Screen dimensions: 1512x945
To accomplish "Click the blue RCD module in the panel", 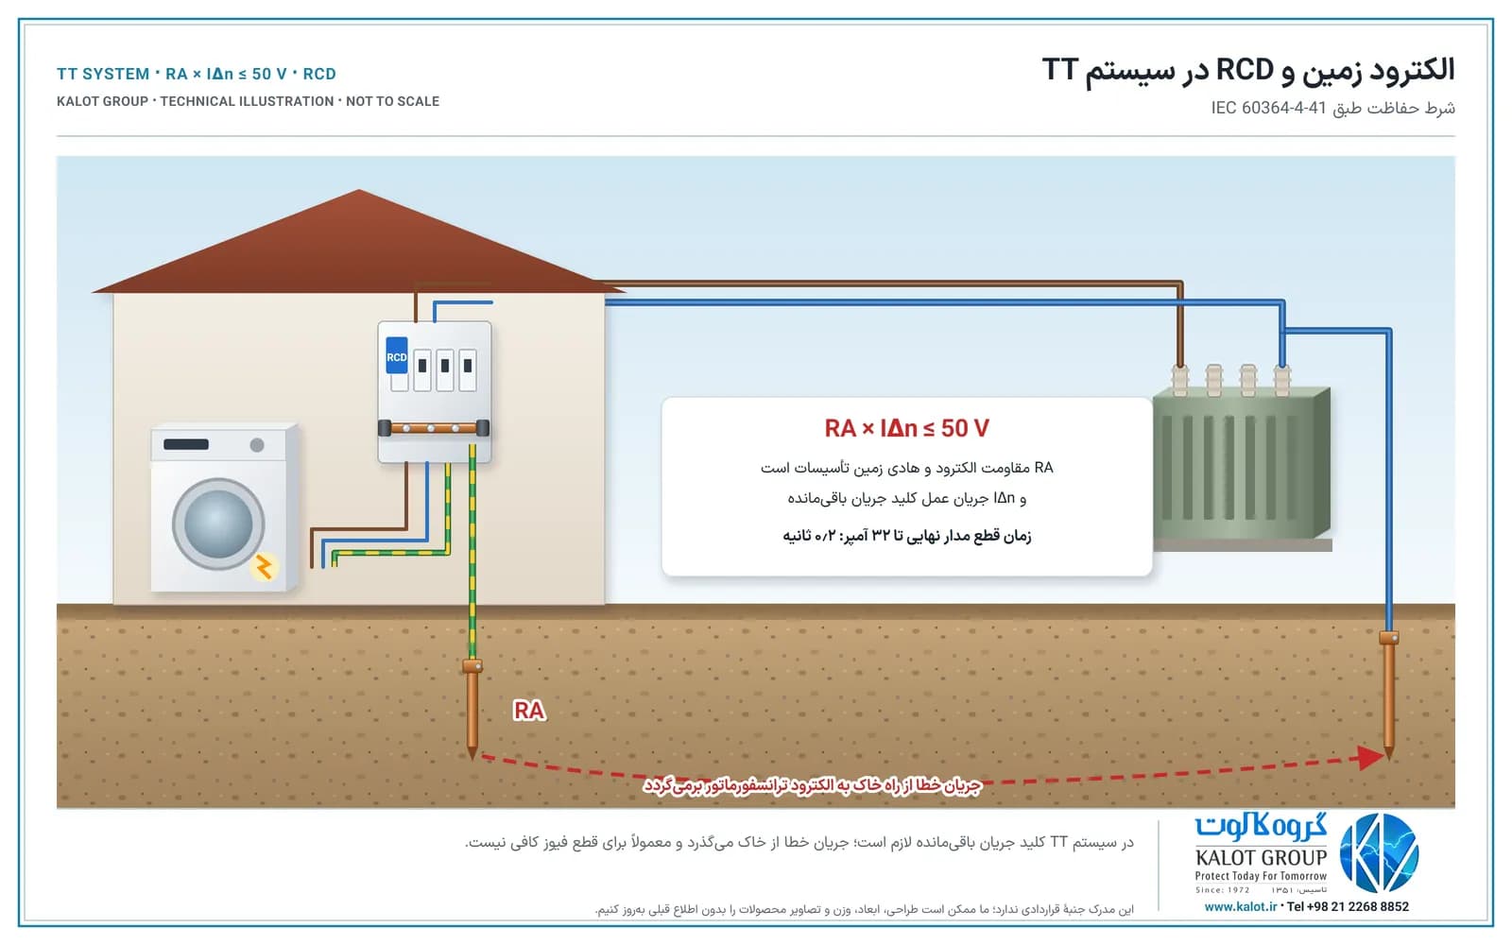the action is (x=396, y=355).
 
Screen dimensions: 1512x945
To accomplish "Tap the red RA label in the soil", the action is (x=529, y=710).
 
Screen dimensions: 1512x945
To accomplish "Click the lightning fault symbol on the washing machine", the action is (x=264, y=567).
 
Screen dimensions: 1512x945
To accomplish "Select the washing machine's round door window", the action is (x=217, y=524).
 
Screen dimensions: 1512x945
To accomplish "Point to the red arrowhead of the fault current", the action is (x=1372, y=757).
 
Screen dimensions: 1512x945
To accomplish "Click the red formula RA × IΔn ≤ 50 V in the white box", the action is (x=906, y=428).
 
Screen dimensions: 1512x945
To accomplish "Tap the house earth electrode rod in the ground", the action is (x=472, y=709).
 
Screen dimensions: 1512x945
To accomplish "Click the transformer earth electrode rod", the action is (x=1388, y=696).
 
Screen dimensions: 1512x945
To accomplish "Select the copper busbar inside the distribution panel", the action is (x=434, y=428).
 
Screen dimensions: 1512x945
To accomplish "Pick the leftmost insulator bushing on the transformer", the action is (x=1180, y=380).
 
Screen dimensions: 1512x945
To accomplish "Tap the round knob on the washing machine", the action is (x=256, y=445).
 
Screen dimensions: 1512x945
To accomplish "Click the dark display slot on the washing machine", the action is (x=185, y=444).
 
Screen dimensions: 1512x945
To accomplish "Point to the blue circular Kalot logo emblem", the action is (x=1379, y=853).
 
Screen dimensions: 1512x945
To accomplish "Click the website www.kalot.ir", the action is (x=1241, y=906).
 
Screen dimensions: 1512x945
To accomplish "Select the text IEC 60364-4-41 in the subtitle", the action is (x=1268, y=108).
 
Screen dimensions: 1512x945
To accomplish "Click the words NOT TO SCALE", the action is (x=392, y=101).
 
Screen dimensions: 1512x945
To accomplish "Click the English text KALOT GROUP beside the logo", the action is (x=1261, y=857).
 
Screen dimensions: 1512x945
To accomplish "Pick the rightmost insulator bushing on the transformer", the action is (x=1281, y=380).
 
